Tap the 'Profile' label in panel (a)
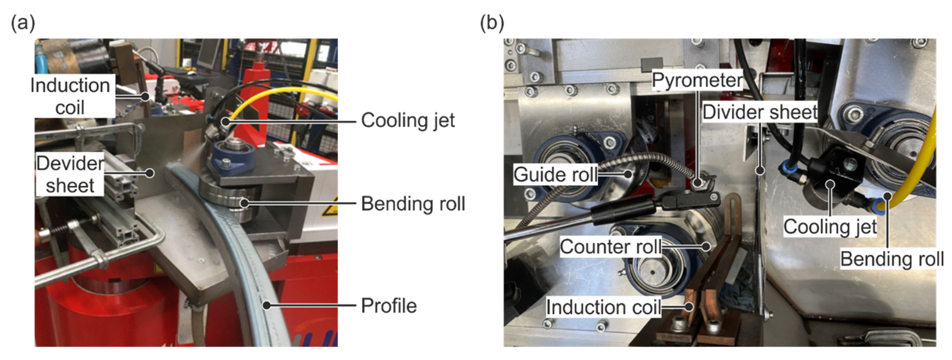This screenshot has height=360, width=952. coord(389,306)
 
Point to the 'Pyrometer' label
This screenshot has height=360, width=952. coord(697,80)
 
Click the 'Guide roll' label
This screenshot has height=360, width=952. coord(555,174)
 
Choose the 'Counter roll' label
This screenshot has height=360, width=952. coord(611,247)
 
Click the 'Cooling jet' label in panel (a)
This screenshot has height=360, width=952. coord(408,120)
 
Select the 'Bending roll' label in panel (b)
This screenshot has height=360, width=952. coord(892,259)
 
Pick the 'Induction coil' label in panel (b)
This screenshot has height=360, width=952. coord(603,307)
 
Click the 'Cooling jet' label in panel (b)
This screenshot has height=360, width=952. coord(830,226)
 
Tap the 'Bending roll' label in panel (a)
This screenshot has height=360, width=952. coord(413,204)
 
